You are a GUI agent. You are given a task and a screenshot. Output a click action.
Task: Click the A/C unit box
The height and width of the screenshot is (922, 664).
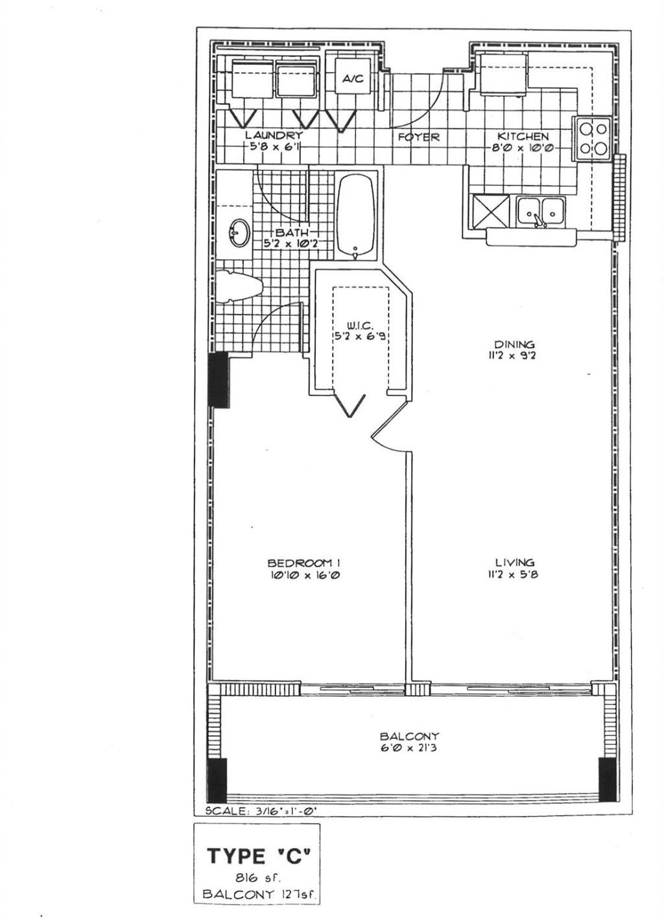[353, 78]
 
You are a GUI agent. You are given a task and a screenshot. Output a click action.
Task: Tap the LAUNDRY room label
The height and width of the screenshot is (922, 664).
[273, 136]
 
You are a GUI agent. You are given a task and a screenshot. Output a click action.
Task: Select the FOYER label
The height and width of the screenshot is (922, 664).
[418, 137]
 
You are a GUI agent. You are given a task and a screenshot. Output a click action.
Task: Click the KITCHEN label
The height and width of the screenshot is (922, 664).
[523, 136]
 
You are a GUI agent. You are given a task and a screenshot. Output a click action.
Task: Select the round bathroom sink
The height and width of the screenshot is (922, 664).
[238, 234]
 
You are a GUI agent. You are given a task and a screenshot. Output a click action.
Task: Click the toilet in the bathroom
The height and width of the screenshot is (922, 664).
[237, 287]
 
